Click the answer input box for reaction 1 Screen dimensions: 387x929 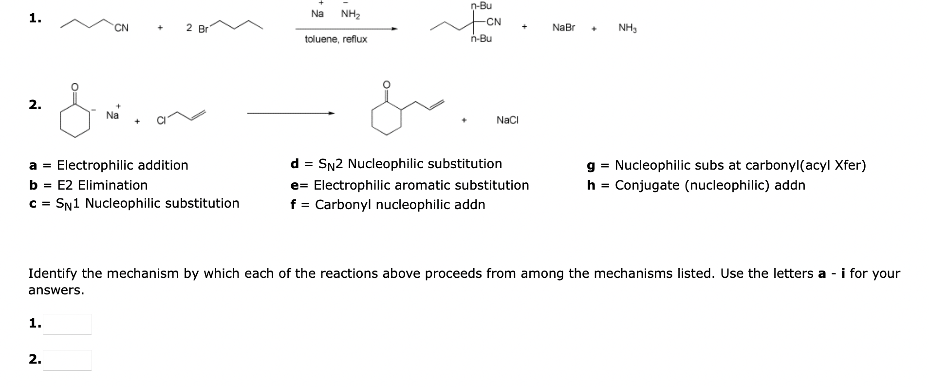(x=67, y=324)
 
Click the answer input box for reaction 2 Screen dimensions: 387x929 (x=67, y=360)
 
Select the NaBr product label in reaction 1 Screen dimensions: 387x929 (x=563, y=28)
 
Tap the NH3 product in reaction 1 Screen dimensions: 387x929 (x=628, y=28)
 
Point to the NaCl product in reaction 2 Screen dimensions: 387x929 (x=507, y=120)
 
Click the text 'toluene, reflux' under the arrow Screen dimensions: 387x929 (x=336, y=39)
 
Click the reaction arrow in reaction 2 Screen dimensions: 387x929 (x=291, y=114)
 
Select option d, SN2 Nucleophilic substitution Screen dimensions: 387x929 (x=396, y=164)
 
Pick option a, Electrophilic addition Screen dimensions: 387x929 (x=109, y=165)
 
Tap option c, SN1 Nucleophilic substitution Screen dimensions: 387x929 (x=134, y=203)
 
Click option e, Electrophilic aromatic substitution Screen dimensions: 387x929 (x=409, y=185)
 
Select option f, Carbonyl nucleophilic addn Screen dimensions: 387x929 (x=388, y=205)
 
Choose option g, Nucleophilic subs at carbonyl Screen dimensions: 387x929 (x=726, y=165)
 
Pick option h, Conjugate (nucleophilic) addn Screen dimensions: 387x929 (x=696, y=185)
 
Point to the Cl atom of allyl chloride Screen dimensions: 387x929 (x=161, y=120)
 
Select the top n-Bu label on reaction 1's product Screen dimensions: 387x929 (x=482, y=6)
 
